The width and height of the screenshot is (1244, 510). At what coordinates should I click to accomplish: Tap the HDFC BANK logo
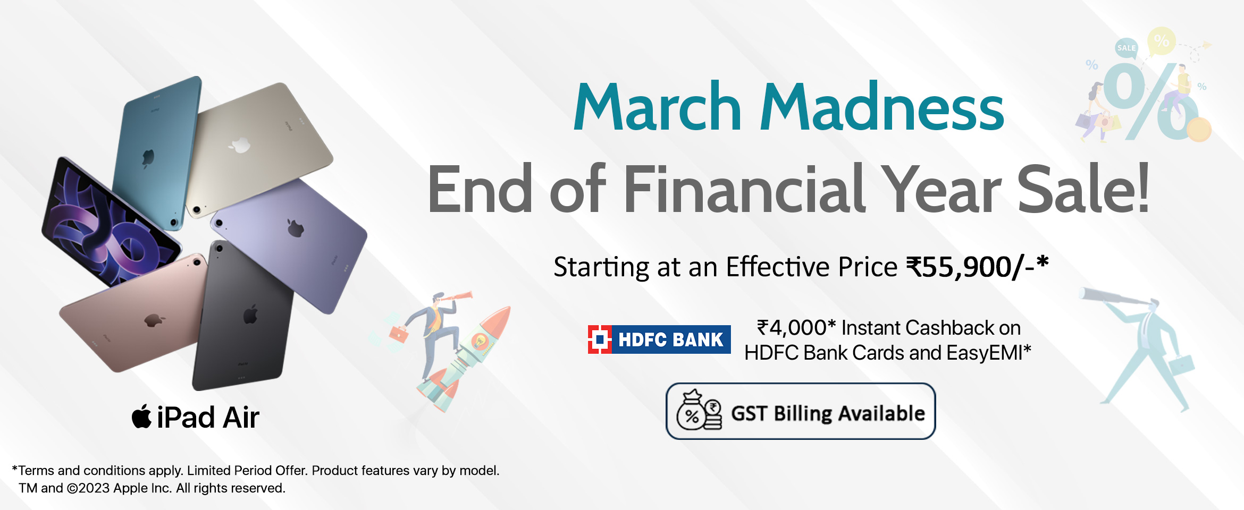tap(659, 339)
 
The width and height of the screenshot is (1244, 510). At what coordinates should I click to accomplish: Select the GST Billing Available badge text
tap(828, 413)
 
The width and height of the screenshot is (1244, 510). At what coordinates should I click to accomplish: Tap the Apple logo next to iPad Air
tap(141, 416)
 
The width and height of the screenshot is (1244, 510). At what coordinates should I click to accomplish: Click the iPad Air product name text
tap(208, 418)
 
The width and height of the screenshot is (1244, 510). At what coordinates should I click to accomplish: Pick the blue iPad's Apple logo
tap(148, 158)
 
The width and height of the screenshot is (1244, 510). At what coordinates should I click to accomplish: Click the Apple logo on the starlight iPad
tap(240, 144)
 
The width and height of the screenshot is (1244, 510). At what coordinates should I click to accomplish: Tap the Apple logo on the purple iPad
tap(295, 227)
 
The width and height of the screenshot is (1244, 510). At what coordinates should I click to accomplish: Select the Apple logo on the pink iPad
tap(154, 320)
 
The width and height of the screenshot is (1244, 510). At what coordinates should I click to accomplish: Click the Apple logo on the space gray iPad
tap(250, 314)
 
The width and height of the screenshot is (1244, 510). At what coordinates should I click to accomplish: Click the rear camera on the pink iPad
tap(197, 262)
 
